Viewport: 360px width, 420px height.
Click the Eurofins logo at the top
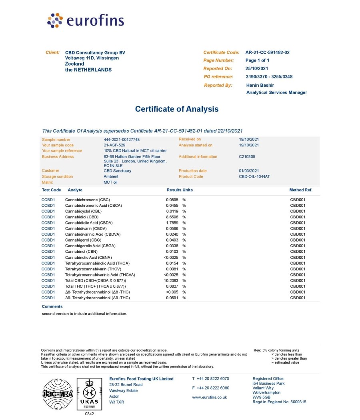pyautogui.click(x=86, y=20)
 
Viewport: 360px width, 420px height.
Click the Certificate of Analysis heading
pyautogui.click(x=177, y=109)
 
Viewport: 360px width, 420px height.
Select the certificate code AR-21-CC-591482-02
pyautogui.click(x=267, y=52)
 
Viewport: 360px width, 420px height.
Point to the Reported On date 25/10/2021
pyautogui.click(x=256, y=68)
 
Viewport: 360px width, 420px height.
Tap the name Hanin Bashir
pyautogui.click(x=260, y=85)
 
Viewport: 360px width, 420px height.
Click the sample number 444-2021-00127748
pyautogui.click(x=122, y=139)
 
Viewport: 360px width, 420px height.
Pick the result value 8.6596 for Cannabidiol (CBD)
pyautogui.click(x=172, y=217)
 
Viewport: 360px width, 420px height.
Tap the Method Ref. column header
pyautogui.click(x=301, y=190)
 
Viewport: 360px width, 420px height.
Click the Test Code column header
pyautogui.click(x=51, y=190)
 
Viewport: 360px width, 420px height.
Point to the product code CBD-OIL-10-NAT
pyautogui.click(x=254, y=176)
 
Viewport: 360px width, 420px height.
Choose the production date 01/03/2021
pyautogui.click(x=249, y=171)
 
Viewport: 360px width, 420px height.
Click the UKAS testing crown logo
pyautogui.click(x=89, y=394)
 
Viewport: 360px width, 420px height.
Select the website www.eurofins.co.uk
pyautogui.click(x=209, y=397)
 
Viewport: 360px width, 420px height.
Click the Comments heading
pyautogui.click(x=52, y=306)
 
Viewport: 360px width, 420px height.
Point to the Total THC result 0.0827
pyautogui.click(x=172, y=286)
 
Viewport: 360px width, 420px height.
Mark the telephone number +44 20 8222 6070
pyautogui.click(x=213, y=378)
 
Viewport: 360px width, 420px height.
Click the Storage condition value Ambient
pyautogui.click(x=111, y=176)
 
